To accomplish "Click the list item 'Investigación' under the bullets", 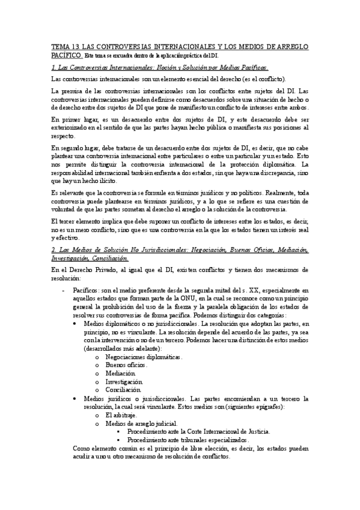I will click(x=124, y=381).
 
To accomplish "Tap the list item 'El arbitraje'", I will click(x=121, y=415).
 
